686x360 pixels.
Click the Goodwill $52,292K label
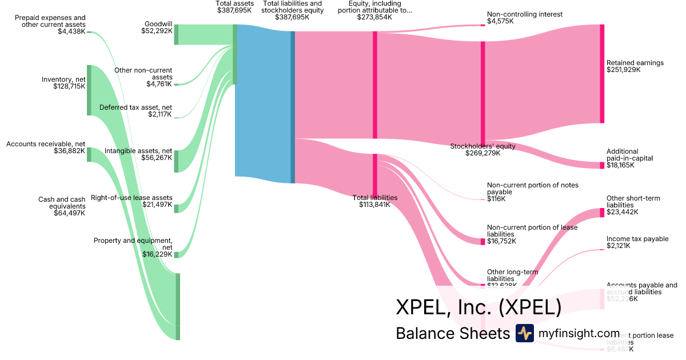pyautogui.click(x=156, y=27)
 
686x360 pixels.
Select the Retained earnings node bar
pyautogui.click(x=602, y=74)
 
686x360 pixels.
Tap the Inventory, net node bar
pyautogui.click(x=89, y=90)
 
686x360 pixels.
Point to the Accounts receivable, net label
pyautogui.click(x=46, y=147)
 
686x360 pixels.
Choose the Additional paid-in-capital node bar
pyautogui.click(x=602, y=165)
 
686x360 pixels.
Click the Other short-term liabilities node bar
pyautogui.click(x=602, y=213)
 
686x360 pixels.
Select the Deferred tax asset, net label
pyautogui.click(x=135, y=111)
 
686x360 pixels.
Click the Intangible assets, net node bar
pyautogui.click(x=177, y=161)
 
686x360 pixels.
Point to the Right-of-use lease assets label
pyautogui.click(x=131, y=201)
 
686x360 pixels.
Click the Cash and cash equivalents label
pyautogui.click(x=62, y=206)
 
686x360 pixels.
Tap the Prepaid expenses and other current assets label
pyautogui.click(x=50, y=25)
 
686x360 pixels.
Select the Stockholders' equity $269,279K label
pyautogui.click(x=483, y=150)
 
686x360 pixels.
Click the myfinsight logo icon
pyautogui.click(x=524, y=333)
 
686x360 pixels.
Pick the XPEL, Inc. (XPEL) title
pyautogui.click(x=478, y=307)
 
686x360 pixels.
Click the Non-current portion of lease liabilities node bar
pyautogui.click(x=483, y=241)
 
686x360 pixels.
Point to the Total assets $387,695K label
pyautogui.click(x=234, y=7)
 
